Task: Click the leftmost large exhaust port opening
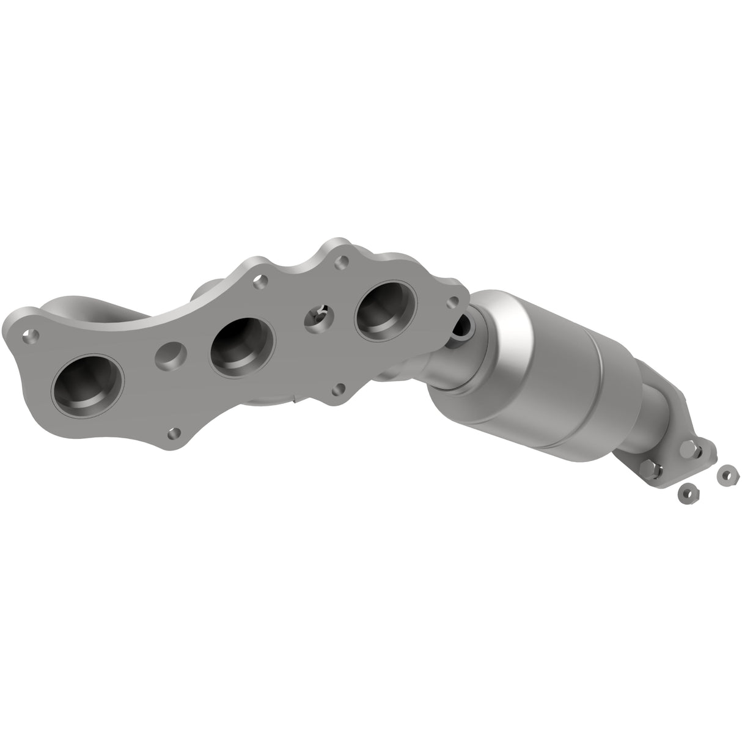point(88,387)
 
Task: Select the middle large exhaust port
point(241,346)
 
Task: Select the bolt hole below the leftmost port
point(175,433)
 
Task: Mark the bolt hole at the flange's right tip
point(453,302)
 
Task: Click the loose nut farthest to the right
point(727,474)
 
